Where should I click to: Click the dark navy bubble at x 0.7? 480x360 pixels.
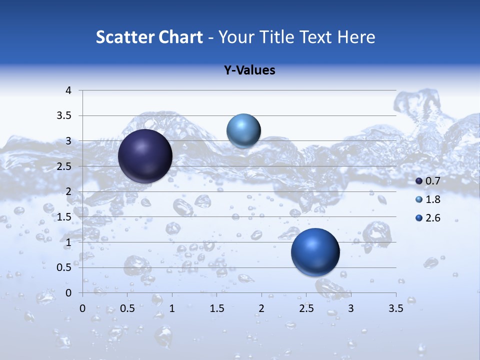(145, 156)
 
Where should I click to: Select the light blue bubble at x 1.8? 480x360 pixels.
(243, 130)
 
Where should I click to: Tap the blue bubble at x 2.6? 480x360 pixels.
(315, 252)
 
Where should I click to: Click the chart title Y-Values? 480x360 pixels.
(249, 70)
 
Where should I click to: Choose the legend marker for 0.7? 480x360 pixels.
(419, 181)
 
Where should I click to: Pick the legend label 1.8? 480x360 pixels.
(433, 199)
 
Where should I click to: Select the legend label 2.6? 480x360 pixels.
(433, 218)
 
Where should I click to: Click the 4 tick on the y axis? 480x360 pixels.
(68, 90)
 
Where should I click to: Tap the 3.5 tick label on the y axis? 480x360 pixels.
(65, 116)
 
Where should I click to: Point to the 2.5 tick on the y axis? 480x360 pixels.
(65, 166)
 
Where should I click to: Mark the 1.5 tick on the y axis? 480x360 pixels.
(65, 217)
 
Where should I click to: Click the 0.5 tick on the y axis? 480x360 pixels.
(65, 267)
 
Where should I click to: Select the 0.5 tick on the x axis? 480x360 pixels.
(127, 308)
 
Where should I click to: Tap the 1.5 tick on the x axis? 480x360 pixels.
(216, 308)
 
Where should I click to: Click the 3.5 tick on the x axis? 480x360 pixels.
(395, 308)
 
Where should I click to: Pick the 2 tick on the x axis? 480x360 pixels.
(261, 308)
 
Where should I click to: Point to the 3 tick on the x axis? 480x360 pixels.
(351, 308)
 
